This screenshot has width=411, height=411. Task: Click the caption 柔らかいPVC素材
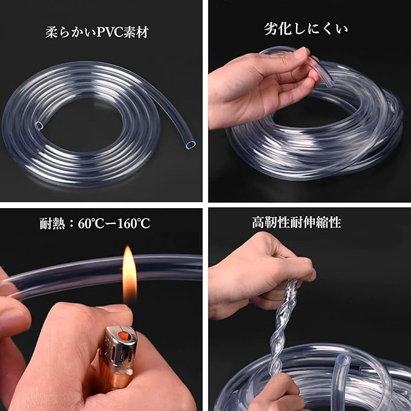click(x=97, y=32)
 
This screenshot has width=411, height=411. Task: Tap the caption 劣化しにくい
click(x=306, y=29)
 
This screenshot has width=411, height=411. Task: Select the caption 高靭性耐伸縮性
click(x=297, y=222)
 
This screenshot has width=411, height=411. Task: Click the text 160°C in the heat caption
click(x=133, y=223)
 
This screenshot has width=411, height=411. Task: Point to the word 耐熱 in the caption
click(x=52, y=223)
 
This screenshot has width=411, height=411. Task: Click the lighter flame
click(x=130, y=274)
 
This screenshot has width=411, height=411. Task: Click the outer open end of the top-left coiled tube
click(x=191, y=145)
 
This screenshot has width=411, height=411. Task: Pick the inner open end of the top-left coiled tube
click(x=39, y=125)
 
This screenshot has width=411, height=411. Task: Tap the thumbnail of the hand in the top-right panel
click(x=301, y=53)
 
